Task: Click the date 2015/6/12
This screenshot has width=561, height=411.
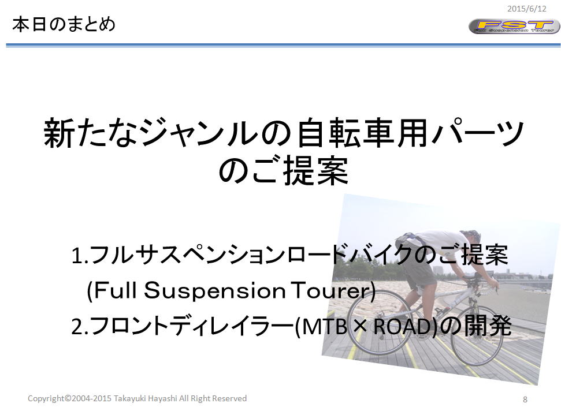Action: tap(527, 9)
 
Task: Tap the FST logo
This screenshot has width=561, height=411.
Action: tap(514, 27)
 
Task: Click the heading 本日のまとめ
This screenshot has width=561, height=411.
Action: tap(64, 25)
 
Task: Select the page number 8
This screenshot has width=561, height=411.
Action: tap(525, 399)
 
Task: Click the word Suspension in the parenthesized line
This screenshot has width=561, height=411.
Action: tap(215, 290)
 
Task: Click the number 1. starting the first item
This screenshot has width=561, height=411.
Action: tap(79, 255)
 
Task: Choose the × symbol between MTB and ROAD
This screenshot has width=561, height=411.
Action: tap(361, 327)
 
